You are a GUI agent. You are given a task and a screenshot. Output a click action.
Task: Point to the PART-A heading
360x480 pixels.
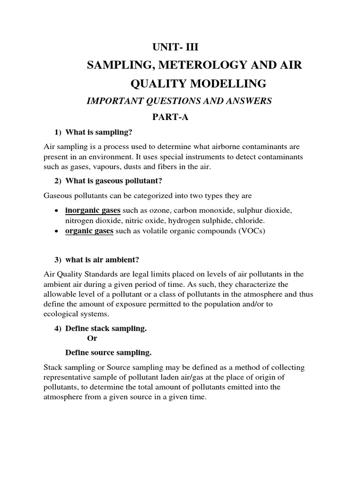[169, 117]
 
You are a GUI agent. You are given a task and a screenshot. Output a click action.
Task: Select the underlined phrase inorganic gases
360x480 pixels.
[93, 210]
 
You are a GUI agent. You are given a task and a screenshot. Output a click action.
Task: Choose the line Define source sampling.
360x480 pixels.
[108, 352]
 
